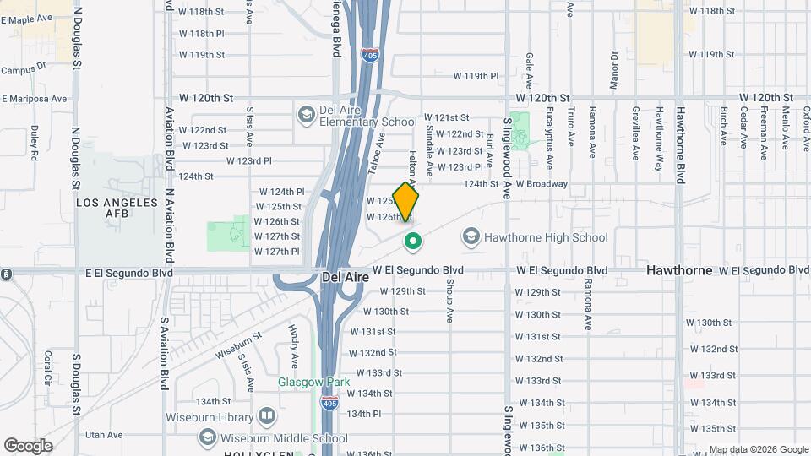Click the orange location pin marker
pos(405,201)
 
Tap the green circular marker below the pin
pos(412,242)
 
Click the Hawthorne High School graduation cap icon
pos(471,237)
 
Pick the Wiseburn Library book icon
pos(267,416)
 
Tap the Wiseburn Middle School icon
pos(207,437)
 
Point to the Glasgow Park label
pos(314,382)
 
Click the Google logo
pos(28,445)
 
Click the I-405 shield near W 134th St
pos(329,405)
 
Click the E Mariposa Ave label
pos(34,99)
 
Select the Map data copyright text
pos(758,449)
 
